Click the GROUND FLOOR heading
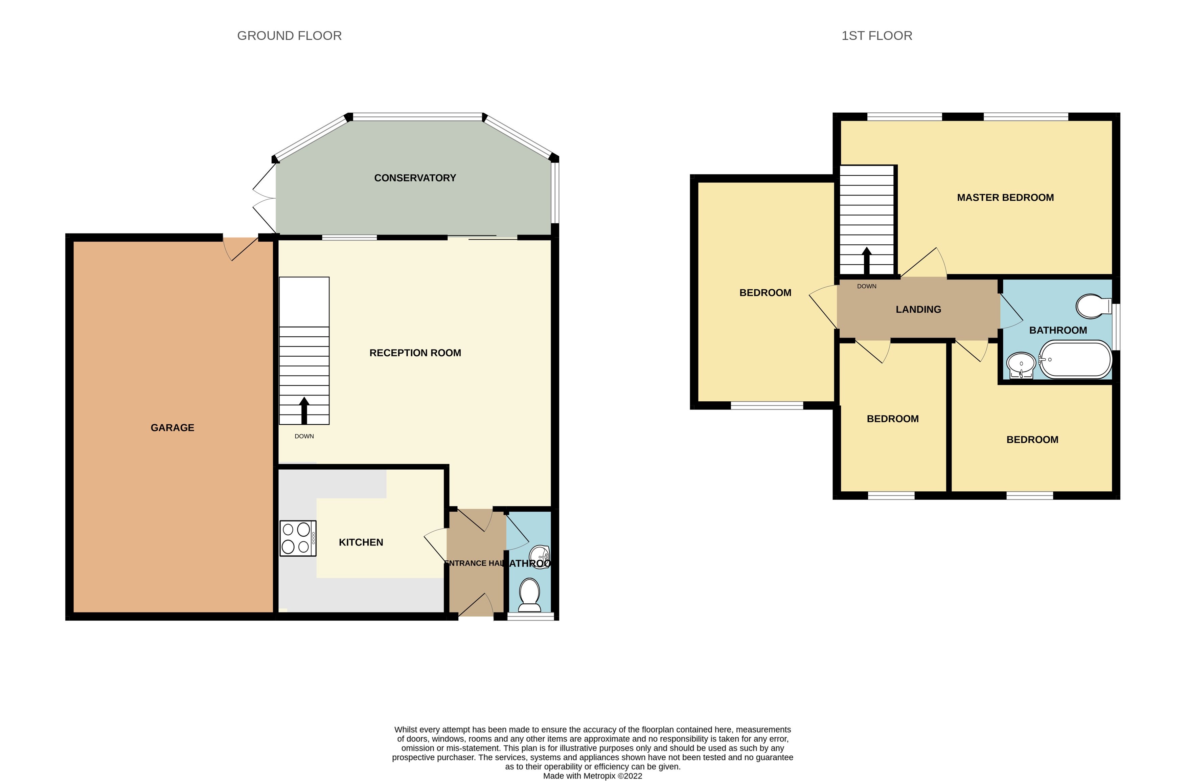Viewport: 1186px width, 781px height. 289,36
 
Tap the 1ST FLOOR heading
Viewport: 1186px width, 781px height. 876,36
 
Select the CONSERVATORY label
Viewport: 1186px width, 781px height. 415,178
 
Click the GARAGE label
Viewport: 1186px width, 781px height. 173,428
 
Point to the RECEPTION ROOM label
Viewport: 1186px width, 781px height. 415,353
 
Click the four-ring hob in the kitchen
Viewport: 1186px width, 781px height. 297,538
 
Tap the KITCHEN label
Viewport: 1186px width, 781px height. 361,542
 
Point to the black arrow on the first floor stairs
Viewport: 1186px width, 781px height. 867,260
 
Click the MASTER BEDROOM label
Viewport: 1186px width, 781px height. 1005,197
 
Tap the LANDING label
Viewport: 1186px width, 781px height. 918,310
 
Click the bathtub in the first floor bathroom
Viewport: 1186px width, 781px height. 1075,359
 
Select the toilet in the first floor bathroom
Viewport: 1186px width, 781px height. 1093,306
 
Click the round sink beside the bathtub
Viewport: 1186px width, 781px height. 1021,364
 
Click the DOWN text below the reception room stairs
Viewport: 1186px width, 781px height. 304,436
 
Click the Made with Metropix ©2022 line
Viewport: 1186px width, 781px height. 593,776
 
